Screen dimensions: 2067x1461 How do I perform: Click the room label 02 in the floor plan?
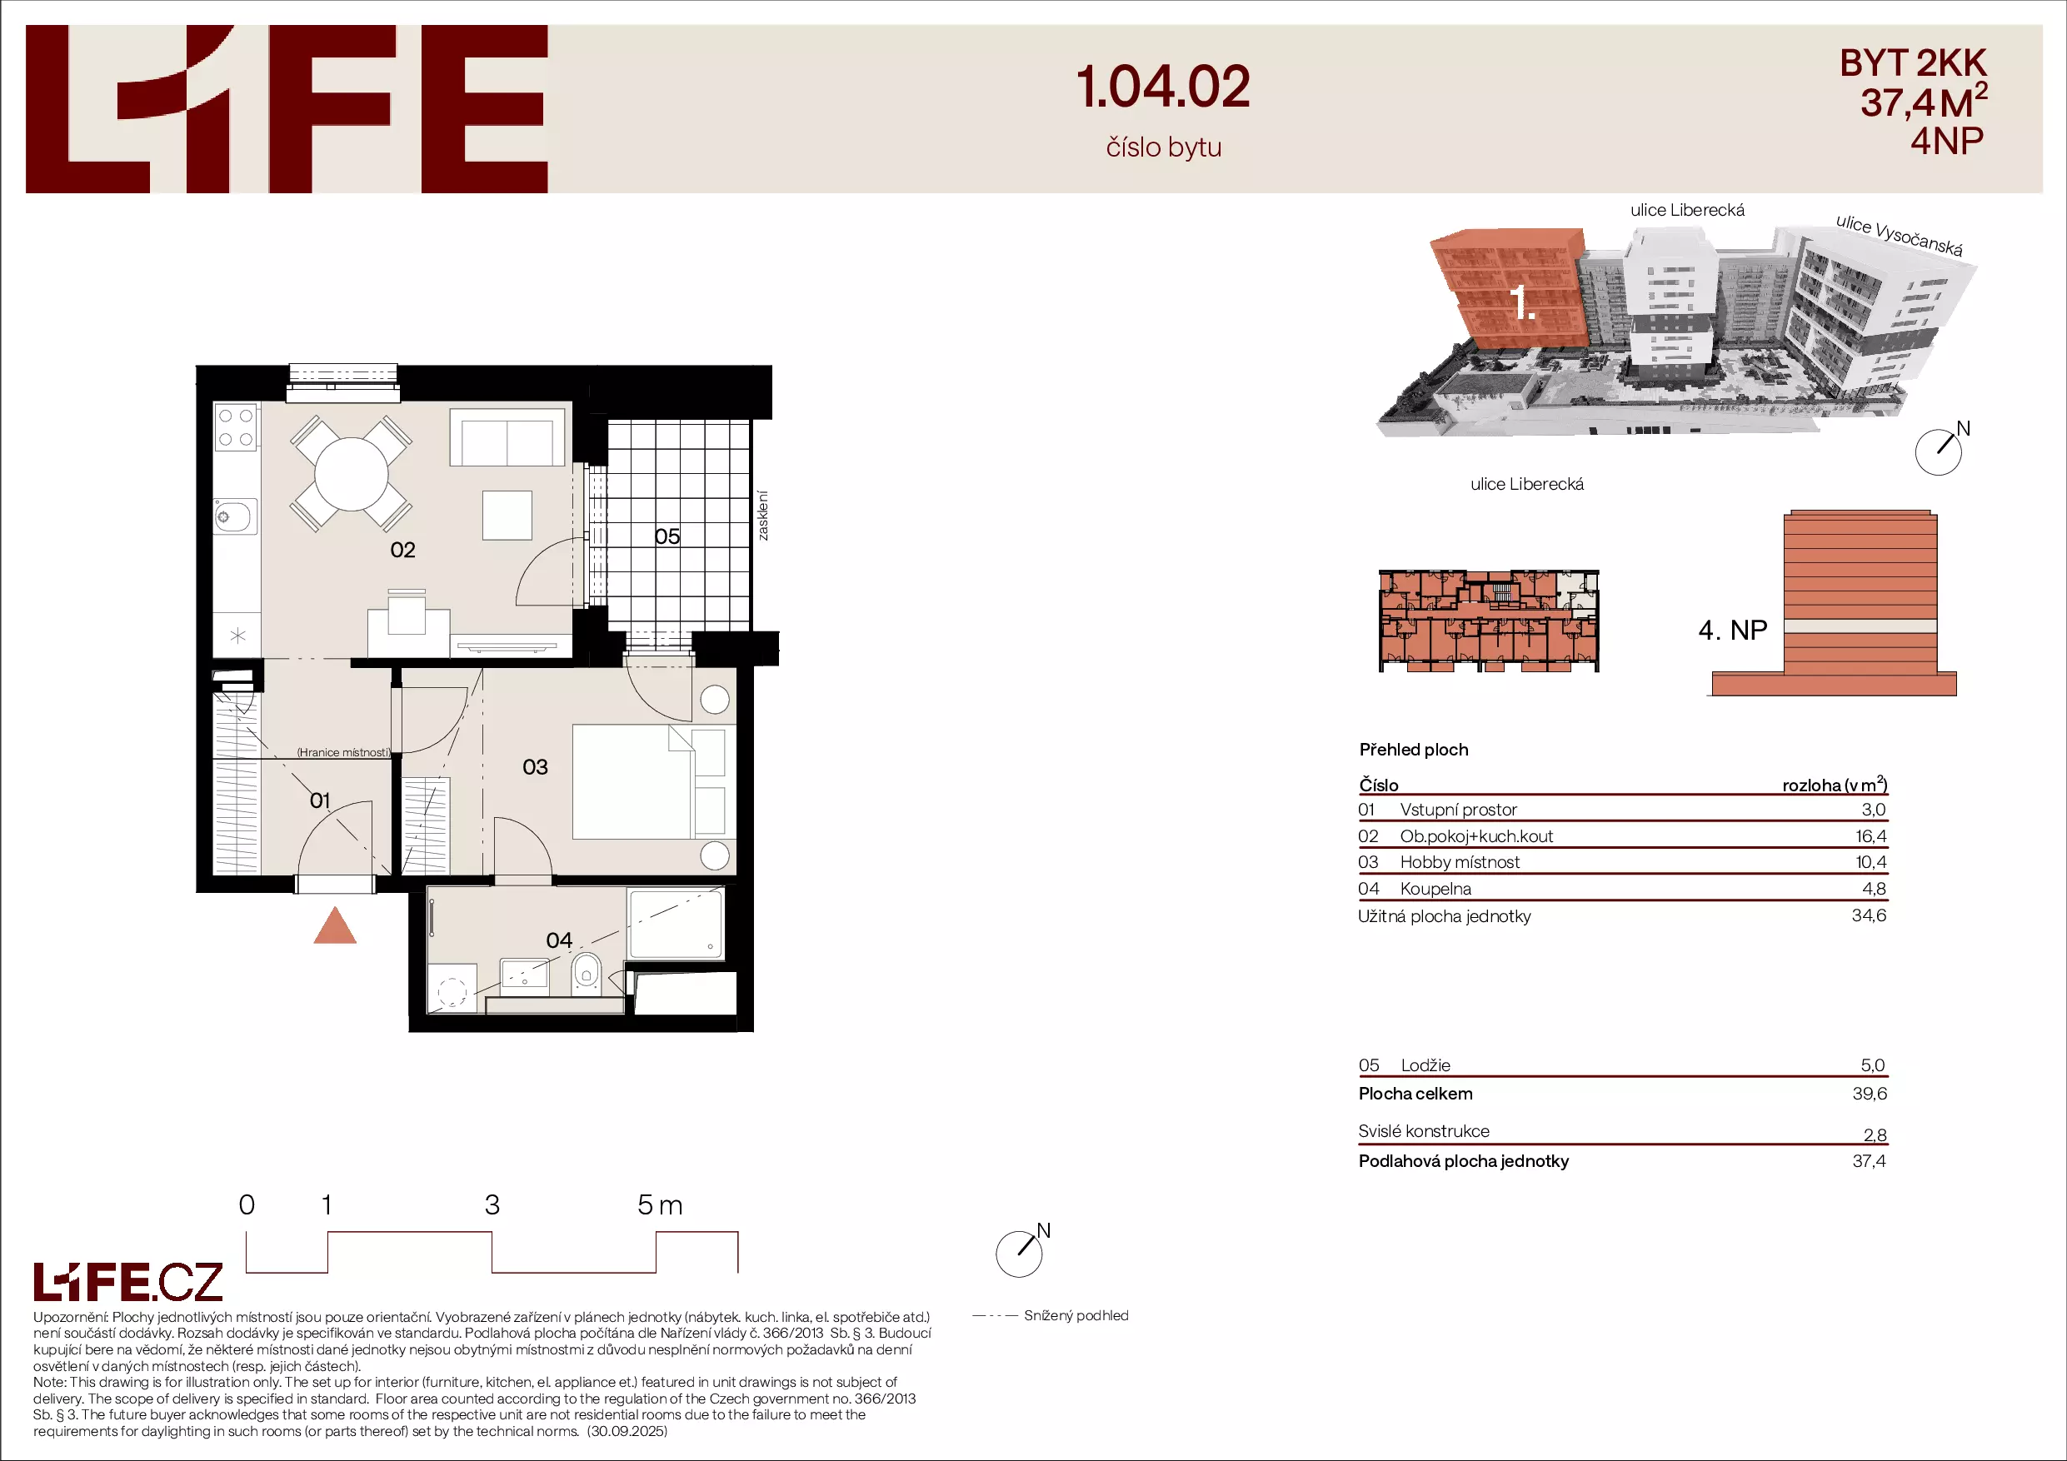click(x=402, y=550)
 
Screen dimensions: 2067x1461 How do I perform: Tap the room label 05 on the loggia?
click(x=667, y=536)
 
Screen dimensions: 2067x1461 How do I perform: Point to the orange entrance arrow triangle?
click(x=335, y=927)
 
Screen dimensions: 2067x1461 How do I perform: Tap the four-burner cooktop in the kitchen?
click(x=236, y=427)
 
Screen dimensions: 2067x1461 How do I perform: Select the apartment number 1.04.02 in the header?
click(x=1163, y=87)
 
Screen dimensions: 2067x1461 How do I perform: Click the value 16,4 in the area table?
click(x=1870, y=836)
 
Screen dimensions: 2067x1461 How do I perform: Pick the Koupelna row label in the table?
click(x=1436, y=889)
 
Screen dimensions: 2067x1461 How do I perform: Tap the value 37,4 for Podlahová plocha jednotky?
click(x=1869, y=1161)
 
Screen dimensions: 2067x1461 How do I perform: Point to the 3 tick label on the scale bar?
click(x=492, y=1204)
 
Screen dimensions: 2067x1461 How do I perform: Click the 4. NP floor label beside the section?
click(x=1732, y=631)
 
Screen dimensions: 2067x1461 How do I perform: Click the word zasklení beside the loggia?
click(x=762, y=516)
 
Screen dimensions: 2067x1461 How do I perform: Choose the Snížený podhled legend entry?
click(x=1051, y=1315)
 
